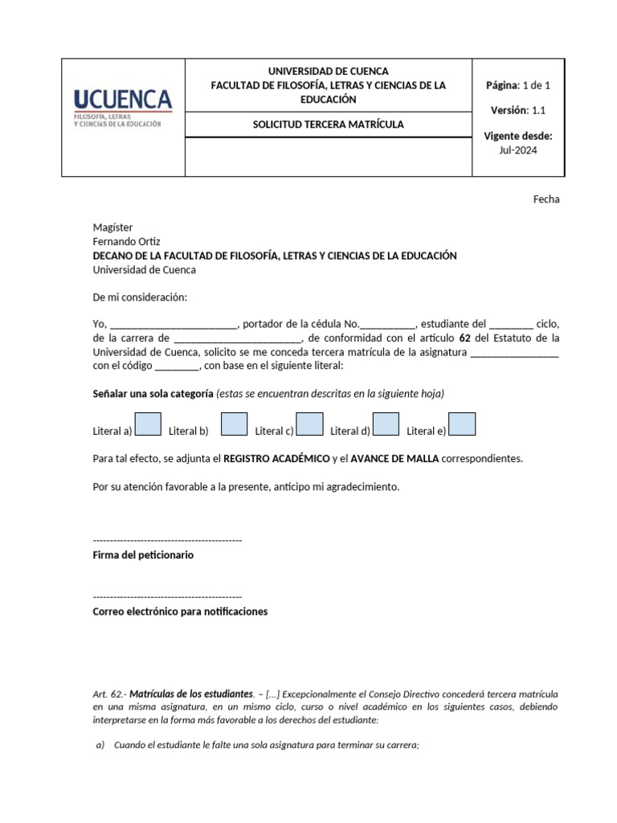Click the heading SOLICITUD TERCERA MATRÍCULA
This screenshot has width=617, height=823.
pos(328,125)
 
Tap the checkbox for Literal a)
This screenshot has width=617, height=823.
pos(149,424)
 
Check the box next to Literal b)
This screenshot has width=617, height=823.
pos(233,424)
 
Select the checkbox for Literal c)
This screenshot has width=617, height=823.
pos(309,424)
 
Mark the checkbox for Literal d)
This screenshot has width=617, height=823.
pos(386,424)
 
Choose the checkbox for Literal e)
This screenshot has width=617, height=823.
pos(462,424)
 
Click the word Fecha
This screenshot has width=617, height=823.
pos(546,199)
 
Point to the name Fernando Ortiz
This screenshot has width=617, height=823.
pos(127,242)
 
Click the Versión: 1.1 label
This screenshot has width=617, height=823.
pos(518,110)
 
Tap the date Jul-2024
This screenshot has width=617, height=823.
pos(518,149)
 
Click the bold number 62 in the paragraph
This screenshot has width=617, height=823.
pos(464,338)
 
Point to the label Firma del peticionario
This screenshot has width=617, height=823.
pos(143,555)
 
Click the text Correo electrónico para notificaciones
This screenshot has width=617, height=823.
pos(180,612)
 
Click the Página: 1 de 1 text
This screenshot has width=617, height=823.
pos(518,85)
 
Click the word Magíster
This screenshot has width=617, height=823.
pos(112,227)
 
